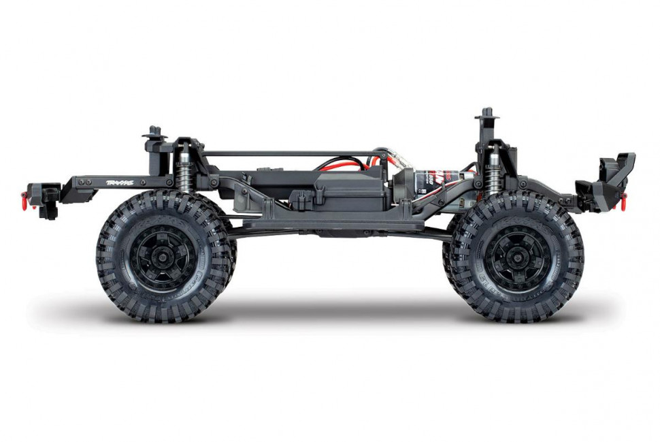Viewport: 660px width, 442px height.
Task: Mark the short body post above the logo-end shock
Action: tap(155, 133)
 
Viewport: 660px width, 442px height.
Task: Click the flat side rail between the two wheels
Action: tap(340, 224)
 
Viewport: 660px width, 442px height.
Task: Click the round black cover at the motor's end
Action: tap(402, 183)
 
